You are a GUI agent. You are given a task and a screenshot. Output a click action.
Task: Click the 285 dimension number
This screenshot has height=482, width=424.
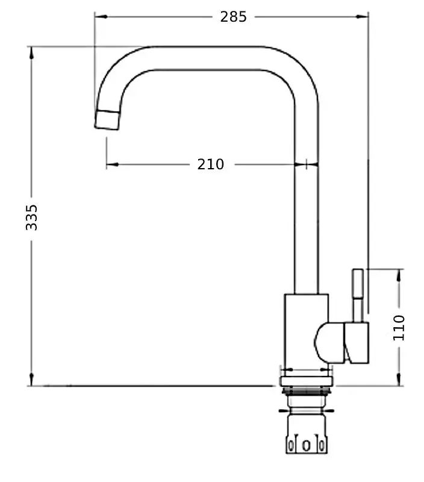(233, 17)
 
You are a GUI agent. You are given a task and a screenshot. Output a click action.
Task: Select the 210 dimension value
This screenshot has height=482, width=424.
(210, 164)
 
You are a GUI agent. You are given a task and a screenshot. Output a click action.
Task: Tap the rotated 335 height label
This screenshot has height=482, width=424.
(32, 216)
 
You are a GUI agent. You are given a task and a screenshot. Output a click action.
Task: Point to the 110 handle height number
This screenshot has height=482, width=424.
(399, 327)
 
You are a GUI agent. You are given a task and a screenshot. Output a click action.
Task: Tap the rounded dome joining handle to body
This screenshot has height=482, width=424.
(328, 342)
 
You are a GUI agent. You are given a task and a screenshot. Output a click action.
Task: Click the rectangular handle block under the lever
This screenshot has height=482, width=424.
(356, 343)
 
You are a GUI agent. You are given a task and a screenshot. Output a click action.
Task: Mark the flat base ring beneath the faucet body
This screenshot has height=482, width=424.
(306, 381)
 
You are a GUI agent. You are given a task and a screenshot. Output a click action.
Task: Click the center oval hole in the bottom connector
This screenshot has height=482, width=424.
(306, 446)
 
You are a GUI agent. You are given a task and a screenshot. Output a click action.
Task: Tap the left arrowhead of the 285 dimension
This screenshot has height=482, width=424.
(99, 17)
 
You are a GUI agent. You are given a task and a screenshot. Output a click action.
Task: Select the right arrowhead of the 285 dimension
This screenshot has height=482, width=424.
(364, 17)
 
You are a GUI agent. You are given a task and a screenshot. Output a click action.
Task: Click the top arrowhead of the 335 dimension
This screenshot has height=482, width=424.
(31, 51)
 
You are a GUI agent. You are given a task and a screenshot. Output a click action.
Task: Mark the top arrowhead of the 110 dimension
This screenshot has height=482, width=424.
(399, 274)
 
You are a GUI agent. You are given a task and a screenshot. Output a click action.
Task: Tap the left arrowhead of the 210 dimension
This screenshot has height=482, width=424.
(111, 164)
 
